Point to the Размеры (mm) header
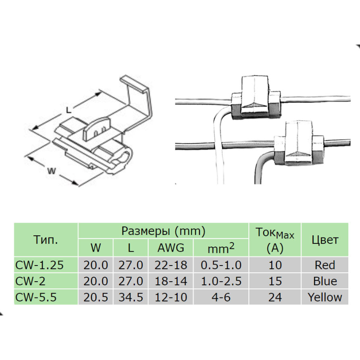(163, 231)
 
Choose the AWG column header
(171, 248)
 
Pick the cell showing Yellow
(325, 297)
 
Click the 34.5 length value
(130, 297)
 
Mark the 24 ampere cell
(274, 297)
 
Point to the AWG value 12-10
(171, 297)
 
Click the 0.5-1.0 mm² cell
(220, 265)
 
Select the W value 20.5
(95, 297)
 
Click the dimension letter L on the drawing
(68, 109)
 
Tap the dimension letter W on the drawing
(52, 171)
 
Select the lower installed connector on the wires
(298, 145)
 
